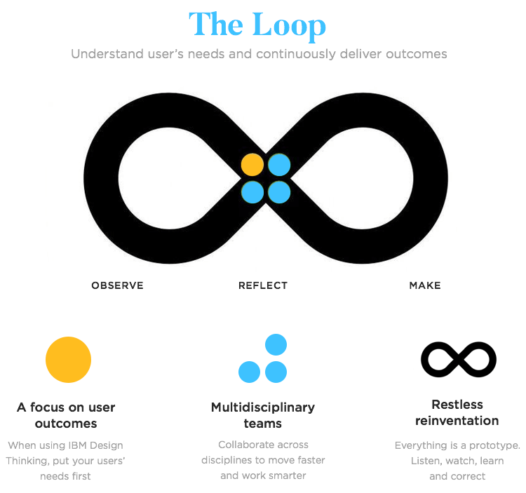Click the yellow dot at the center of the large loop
[x=252, y=165]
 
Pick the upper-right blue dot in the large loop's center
[x=279, y=165]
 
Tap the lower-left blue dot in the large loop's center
[x=252, y=191]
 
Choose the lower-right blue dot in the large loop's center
[x=279, y=191]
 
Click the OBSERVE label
[x=117, y=285]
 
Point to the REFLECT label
[x=263, y=285]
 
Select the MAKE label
[x=425, y=285]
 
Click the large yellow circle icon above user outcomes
[x=68, y=360]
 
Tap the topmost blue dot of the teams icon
[x=276, y=345]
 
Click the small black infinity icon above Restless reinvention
[x=458, y=360]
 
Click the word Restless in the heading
[x=457, y=405]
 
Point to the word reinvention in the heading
[x=457, y=421]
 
